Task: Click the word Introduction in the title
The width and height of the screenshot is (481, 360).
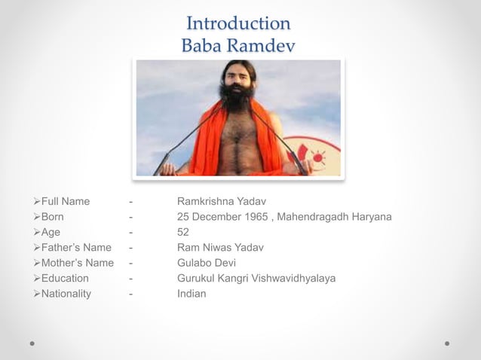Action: [238, 23]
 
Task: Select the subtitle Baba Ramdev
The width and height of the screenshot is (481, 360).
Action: [238, 45]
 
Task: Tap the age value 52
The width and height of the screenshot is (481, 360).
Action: [183, 232]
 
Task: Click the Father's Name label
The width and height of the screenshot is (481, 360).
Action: [76, 248]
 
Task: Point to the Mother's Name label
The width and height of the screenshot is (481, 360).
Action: [78, 263]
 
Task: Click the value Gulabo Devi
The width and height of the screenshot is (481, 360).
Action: [207, 263]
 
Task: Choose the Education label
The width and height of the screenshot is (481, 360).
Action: [67, 279]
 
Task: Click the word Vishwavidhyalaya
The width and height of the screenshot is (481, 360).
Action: [290, 279]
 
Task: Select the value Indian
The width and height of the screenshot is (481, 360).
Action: [191, 294]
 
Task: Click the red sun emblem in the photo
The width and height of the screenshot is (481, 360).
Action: [317, 157]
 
